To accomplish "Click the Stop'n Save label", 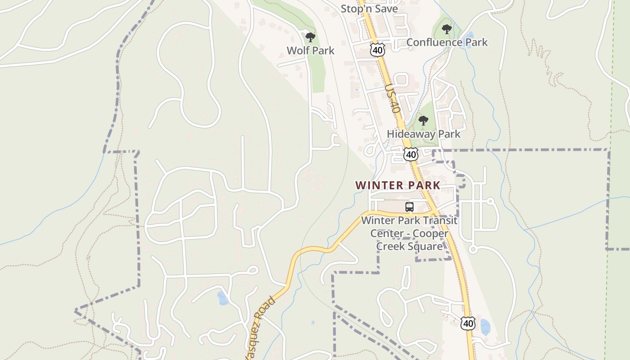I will [369, 9].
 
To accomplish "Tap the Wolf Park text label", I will [310, 50].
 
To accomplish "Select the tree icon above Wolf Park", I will [310, 37].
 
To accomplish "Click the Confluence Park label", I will [447, 42].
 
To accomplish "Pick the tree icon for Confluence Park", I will [446, 30].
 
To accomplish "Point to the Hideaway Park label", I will [423, 134].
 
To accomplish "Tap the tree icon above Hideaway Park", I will [423, 121].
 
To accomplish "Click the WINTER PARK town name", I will [397, 185].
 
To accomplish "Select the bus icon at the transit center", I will [409, 207].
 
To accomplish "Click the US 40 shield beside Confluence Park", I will [378, 50].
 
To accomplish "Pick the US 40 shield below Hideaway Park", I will [410, 154].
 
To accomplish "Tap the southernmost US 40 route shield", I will [468, 323].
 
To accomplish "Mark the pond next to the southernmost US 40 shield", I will [485, 327].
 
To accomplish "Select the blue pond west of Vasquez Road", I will [222, 298].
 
